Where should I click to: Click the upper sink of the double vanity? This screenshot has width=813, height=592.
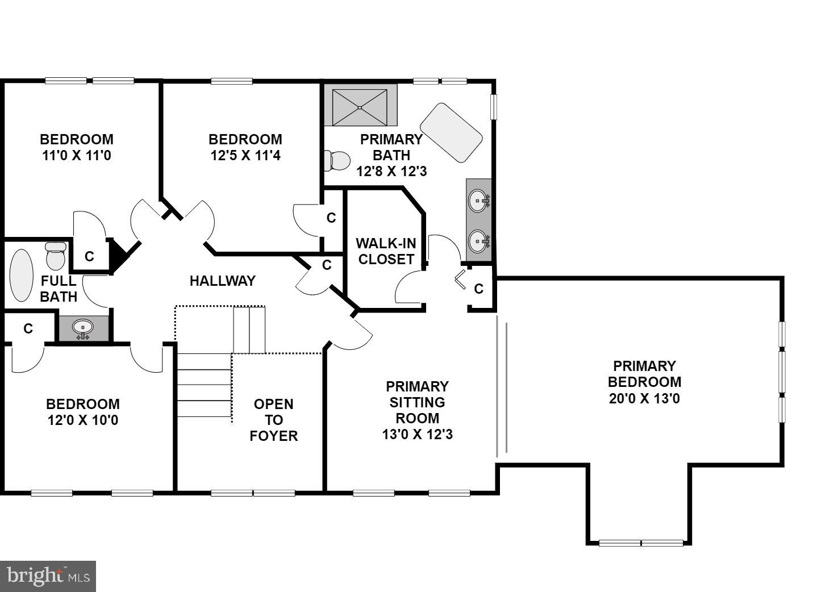[x=478, y=201]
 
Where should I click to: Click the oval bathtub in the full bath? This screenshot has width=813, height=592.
[x=22, y=276]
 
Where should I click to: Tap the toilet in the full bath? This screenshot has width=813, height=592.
[x=56, y=256]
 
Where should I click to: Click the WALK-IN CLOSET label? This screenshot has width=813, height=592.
[x=386, y=251]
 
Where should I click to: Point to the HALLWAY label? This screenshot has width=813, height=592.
[x=222, y=281]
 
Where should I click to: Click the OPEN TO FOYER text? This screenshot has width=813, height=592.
[x=274, y=420]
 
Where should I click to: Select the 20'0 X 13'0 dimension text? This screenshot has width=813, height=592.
[x=644, y=398]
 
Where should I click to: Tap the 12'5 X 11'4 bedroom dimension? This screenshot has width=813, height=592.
[x=245, y=155]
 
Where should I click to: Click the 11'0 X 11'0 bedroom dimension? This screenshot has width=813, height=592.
[x=77, y=155]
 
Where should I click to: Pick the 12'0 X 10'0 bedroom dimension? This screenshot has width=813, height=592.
[x=83, y=420]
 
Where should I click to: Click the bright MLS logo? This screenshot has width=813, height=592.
[x=48, y=576]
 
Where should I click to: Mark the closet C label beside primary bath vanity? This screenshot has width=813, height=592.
[x=478, y=289]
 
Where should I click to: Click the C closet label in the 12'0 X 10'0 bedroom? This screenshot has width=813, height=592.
[x=28, y=328]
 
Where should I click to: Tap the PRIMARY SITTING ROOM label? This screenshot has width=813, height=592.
[x=417, y=410]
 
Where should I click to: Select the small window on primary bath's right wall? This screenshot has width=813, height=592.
[x=494, y=106]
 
